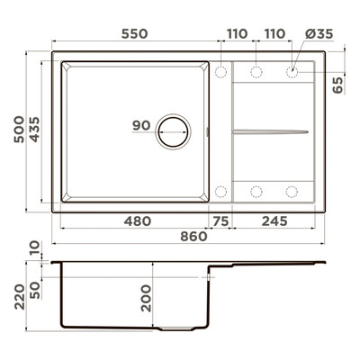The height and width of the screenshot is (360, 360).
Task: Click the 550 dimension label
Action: [134, 33]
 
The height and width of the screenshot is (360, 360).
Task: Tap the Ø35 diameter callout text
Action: [319, 34]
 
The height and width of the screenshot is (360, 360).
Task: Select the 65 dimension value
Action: [337, 85]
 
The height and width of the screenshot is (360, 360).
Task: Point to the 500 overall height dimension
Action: [19, 130]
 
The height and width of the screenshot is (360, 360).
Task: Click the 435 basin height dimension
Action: [34, 130]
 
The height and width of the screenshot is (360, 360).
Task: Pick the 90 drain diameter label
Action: [141, 125]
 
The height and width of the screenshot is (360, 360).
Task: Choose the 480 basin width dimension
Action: [138, 221]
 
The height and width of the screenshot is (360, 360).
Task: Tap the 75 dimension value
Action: [220, 221]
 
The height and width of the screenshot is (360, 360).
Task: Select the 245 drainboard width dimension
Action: [274, 221]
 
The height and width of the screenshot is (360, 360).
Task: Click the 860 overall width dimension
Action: [193, 237]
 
